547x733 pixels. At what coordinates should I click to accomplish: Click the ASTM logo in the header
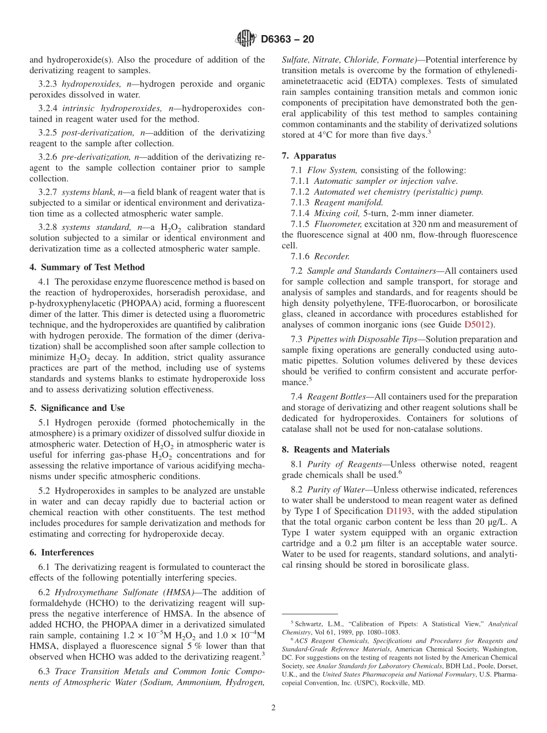point(246,39)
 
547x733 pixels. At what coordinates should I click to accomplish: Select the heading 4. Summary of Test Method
point(87,267)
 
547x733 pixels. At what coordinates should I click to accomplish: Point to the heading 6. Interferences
point(62,553)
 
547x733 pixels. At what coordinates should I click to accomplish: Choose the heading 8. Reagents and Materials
point(336,449)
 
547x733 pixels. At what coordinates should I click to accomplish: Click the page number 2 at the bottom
point(273,708)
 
